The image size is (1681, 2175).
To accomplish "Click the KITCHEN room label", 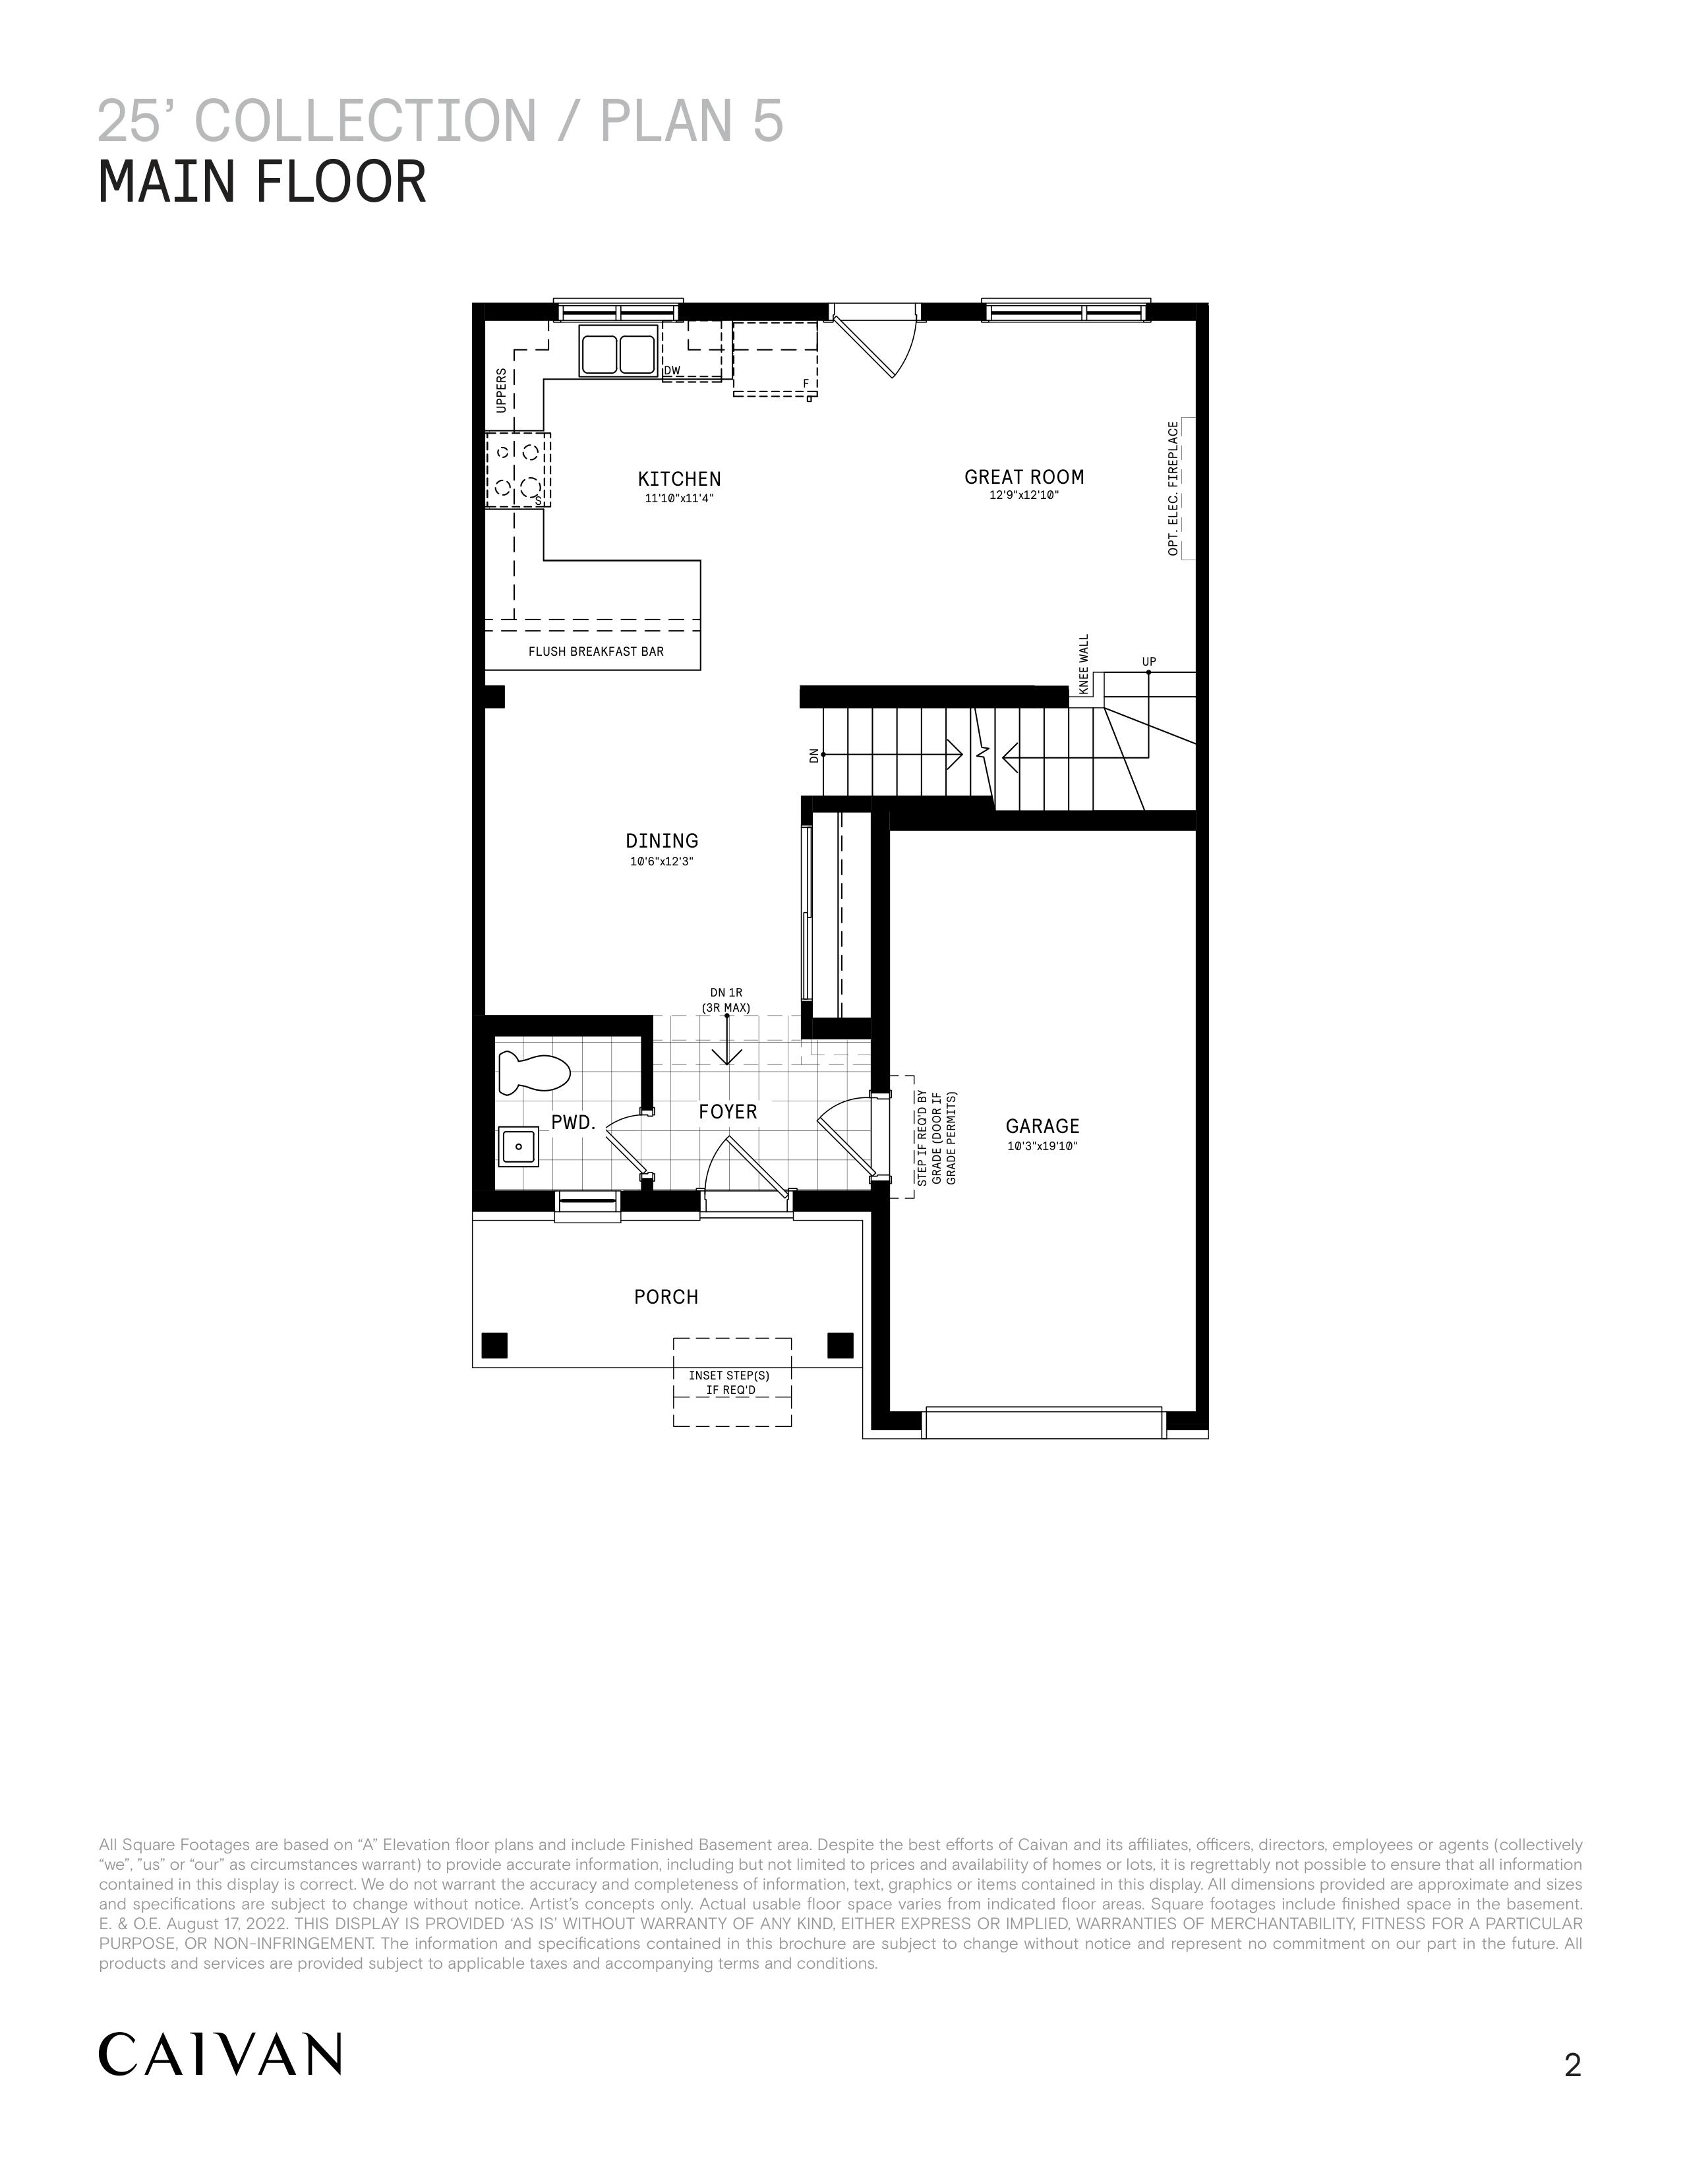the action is pos(679,479).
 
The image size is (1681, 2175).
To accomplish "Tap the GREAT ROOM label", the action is pos(1024,477).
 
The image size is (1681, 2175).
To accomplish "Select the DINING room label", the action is pos(661,840).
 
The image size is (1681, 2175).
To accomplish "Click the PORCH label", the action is pos(666,1296).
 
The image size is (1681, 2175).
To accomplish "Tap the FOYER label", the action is pos(728,1111).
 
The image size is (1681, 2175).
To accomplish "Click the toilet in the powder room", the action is pos(533,1072).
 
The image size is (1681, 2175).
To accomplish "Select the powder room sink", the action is pos(519,1146).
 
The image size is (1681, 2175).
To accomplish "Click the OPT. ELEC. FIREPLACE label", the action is pos(1173,488).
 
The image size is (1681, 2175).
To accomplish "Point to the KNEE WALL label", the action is pos(1084,664).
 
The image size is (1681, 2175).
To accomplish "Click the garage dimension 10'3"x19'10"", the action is pos(1042,1146).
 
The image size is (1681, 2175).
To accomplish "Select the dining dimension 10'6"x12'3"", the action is pos(661,861).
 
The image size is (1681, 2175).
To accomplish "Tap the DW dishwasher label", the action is pos(672,370).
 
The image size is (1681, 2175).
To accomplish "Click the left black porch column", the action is pos(494,1345).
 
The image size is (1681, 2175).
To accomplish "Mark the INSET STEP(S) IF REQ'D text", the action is pos(730,1382).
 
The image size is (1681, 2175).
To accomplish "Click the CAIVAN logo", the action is pos(220,2054).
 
